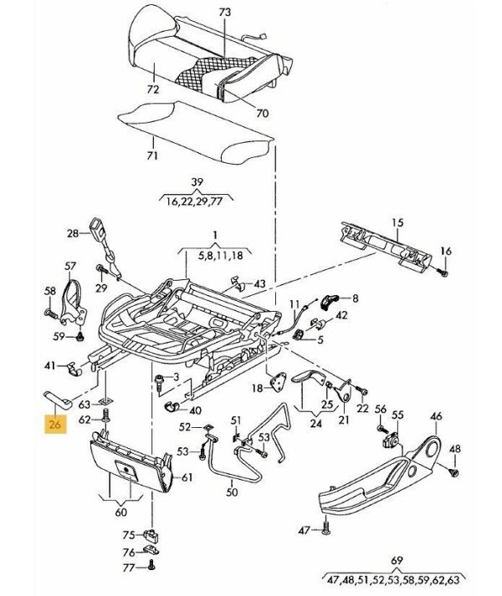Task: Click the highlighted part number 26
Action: tap(56, 425)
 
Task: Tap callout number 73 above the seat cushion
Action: tap(223, 13)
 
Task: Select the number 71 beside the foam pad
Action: tap(151, 155)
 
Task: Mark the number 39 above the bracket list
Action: tap(197, 182)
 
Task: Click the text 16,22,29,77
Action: tap(197, 201)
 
